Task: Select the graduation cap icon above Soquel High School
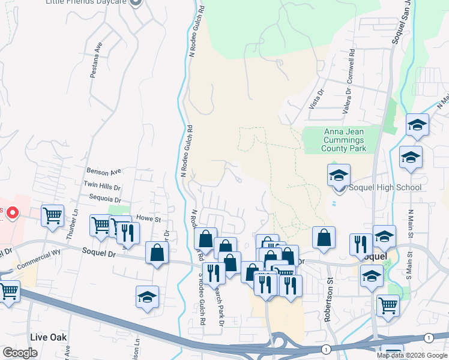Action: click(339, 175)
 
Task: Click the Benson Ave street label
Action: click(104, 171)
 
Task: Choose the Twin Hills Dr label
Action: click(102, 186)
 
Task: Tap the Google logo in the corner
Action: click(20, 353)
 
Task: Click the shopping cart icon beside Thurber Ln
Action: click(53, 215)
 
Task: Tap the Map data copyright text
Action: click(412, 355)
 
